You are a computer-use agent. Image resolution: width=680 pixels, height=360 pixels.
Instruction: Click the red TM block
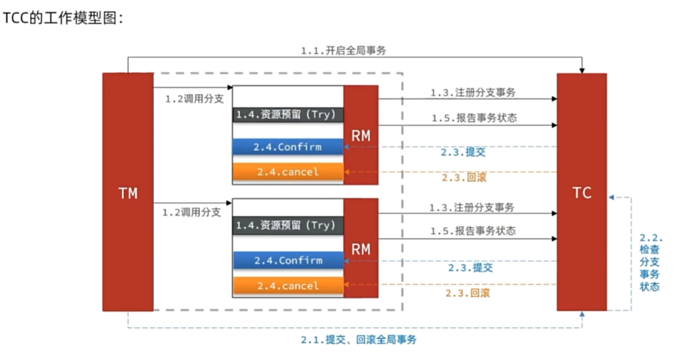[128, 192]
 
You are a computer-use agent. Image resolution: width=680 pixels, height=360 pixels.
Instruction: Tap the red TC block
[581, 192]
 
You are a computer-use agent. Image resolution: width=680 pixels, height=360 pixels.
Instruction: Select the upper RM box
[361, 135]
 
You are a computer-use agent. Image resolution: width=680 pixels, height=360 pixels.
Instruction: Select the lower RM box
[361, 248]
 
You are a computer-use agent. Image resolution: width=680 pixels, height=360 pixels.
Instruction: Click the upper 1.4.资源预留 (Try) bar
[287, 115]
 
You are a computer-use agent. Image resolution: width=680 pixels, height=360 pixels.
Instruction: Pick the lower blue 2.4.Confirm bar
[287, 260]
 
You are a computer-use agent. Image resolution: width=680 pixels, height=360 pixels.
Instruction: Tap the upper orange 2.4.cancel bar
[287, 172]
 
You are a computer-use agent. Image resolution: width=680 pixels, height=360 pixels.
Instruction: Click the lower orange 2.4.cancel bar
[287, 285]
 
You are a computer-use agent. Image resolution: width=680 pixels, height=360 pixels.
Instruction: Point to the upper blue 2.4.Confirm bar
[287, 147]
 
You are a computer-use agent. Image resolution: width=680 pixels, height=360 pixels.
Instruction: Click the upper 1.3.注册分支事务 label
[473, 93]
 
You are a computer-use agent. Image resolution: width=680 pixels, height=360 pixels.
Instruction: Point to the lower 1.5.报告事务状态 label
[473, 230]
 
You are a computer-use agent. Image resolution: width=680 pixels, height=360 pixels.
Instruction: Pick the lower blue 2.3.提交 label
[470, 267]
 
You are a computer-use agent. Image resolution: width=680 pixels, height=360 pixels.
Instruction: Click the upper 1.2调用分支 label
[193, 99]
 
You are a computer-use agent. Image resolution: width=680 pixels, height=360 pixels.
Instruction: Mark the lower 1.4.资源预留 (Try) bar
[287, 225]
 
